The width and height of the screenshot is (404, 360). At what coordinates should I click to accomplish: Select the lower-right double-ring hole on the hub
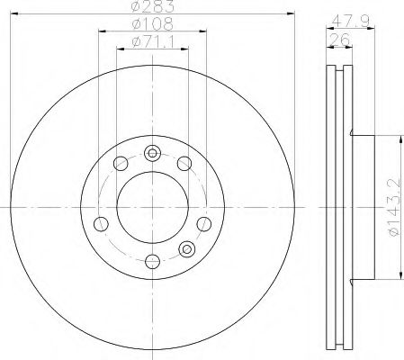[x=187, y=249]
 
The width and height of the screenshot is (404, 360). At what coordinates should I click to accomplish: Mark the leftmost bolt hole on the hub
[x=101, y=223]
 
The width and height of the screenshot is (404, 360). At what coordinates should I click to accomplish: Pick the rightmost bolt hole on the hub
[x=203, y=223]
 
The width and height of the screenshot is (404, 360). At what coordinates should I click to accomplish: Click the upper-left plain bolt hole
[x=119, y=163]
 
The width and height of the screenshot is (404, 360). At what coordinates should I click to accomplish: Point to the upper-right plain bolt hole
[x=184, y=163]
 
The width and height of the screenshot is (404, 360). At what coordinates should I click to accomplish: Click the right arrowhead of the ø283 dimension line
[x=291, y=13]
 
